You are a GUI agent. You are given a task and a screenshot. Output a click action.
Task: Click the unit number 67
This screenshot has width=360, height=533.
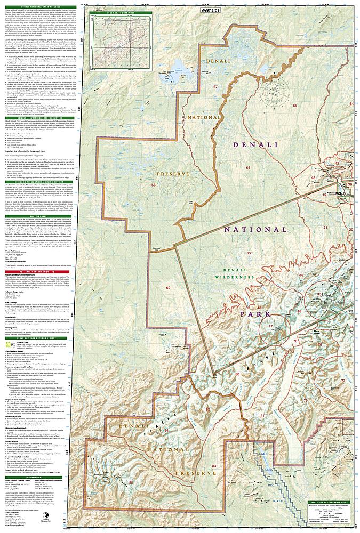[x=215, y=87]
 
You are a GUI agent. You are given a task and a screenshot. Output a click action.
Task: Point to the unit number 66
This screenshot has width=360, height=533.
[x=249, y=183]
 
